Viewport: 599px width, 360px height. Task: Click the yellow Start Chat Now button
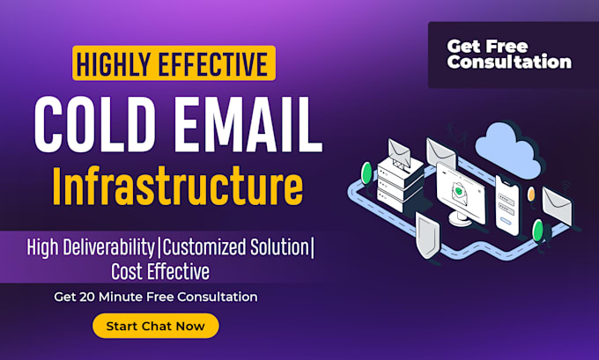[x=155, y=326]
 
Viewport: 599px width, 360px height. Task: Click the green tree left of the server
[x=366, y=173]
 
